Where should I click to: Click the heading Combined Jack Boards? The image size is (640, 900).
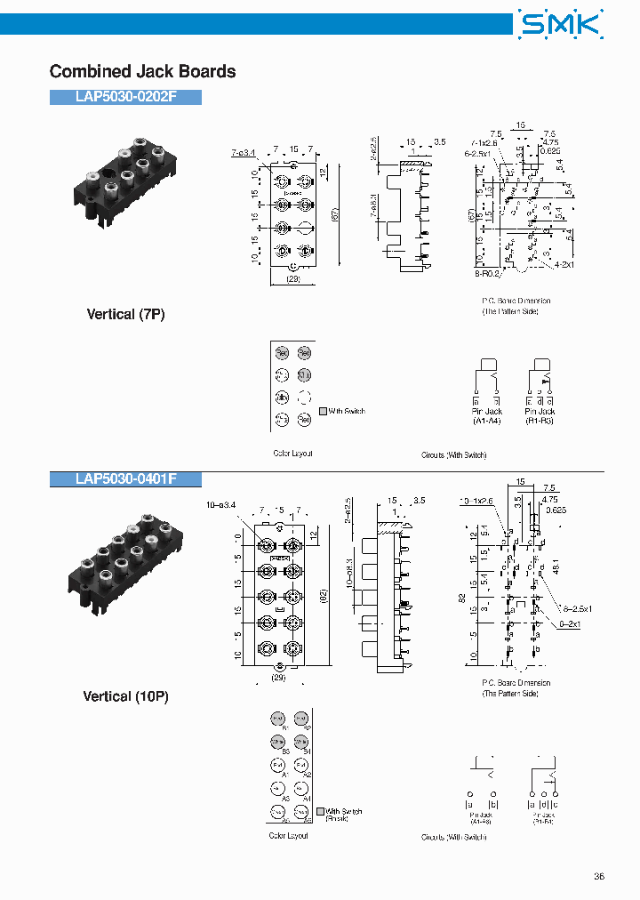142,71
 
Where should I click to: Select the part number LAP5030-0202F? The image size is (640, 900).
126,97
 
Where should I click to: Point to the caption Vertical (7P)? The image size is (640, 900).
125,314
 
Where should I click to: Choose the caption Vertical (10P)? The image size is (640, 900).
125,696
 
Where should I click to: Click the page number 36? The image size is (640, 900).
599,876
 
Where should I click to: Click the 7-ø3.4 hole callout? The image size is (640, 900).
244,153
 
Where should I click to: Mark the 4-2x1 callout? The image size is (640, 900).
563,265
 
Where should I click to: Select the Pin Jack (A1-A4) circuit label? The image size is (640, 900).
486,415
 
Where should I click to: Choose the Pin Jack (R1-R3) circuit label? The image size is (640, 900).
540,415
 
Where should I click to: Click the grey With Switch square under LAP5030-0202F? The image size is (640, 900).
323,412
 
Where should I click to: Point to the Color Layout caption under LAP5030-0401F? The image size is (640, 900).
289,835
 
